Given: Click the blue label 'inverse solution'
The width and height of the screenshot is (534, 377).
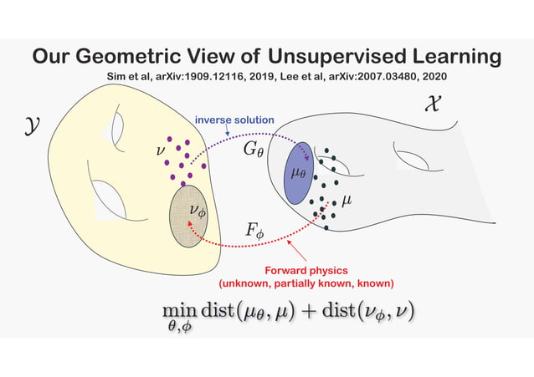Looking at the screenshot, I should [x=234, y=120].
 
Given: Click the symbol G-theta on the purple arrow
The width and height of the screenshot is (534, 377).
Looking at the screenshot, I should [x=253, y=150].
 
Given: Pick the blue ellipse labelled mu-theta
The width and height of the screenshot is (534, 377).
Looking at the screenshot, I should [x=298, y=173].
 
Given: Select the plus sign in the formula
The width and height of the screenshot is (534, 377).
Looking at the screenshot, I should [x=309, y=311].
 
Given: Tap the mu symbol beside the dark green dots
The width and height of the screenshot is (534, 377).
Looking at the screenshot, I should [x=346, y=201].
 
